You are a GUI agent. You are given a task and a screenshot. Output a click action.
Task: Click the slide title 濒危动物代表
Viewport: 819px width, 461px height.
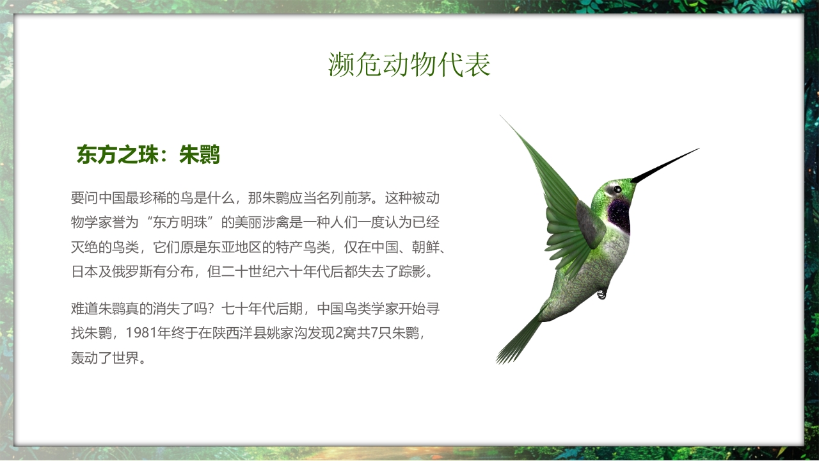(409, 65)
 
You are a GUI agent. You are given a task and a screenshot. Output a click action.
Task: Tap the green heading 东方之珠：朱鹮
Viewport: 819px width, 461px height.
(148, 155)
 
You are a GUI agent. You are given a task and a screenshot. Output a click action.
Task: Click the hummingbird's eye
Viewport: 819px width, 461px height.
(617, 190)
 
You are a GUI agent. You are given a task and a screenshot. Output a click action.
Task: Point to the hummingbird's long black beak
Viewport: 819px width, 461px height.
(665, 165)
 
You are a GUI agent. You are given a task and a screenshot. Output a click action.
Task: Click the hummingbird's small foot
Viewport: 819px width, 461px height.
(601, 294)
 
